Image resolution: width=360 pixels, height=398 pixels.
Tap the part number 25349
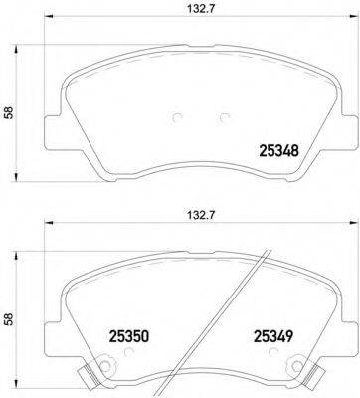pos(272,337)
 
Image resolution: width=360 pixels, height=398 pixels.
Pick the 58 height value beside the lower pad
pos(10,321)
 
